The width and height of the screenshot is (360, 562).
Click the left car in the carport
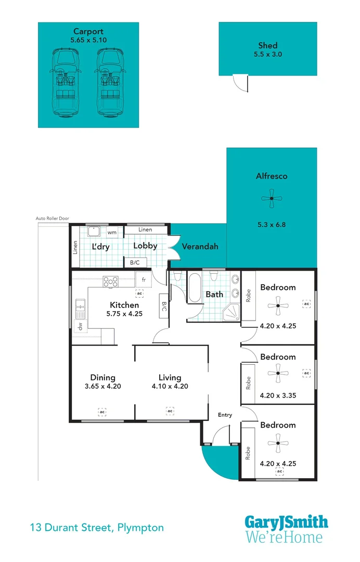(x=65, y=83)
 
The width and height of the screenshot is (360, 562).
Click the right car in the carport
(x=110, y=83)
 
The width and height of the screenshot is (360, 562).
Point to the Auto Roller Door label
(x=52, y=219)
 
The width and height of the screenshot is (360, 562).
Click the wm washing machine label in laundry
(x=112, y=233)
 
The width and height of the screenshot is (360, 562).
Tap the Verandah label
(x=200, y=247)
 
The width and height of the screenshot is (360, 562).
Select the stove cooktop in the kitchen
(x=111, y=282)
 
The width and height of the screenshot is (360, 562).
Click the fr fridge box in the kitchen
(x=143, y=279)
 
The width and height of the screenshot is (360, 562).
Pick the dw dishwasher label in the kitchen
(x=80, y=327)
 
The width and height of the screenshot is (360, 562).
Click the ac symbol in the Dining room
(x=102, y=412)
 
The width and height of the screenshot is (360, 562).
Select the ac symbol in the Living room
(x=170, y=412)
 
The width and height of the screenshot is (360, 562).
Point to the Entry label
(x=225, y=415)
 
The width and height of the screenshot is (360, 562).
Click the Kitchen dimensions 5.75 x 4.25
(x=124, y=314)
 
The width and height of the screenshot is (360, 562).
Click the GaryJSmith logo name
(x=286, y=522)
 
